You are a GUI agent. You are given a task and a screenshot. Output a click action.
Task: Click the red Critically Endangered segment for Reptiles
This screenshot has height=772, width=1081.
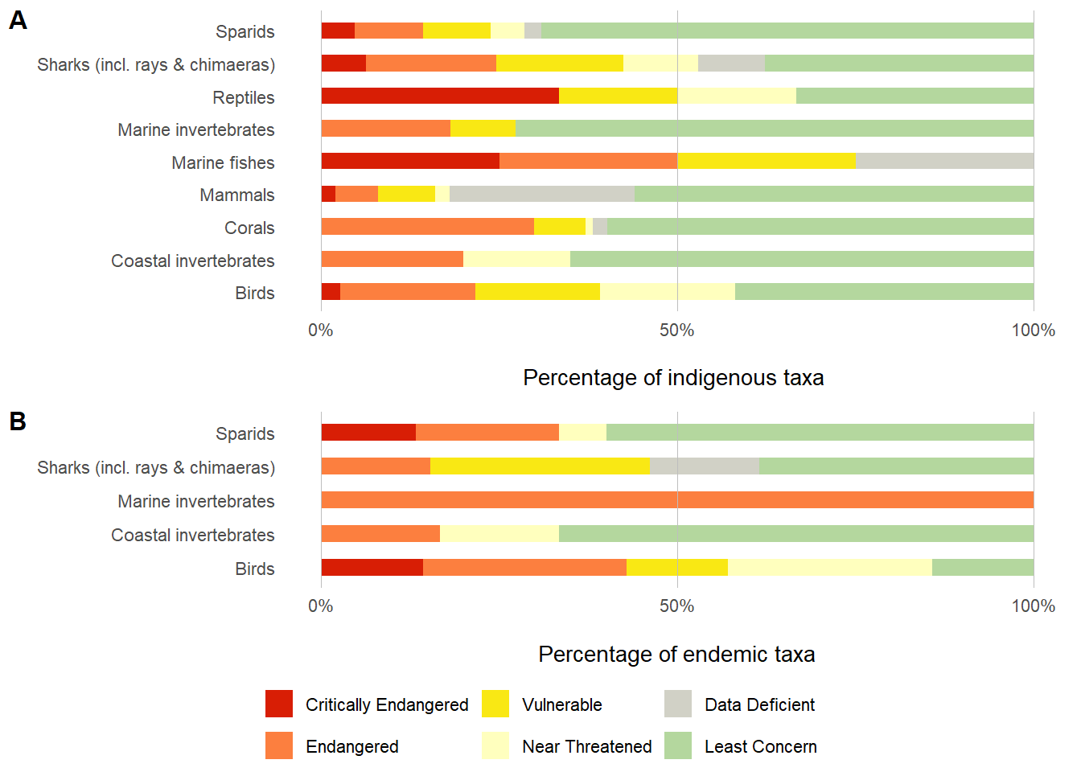click(440, 96)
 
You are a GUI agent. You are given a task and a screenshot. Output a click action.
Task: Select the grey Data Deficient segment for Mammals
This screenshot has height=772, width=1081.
click(542, 194)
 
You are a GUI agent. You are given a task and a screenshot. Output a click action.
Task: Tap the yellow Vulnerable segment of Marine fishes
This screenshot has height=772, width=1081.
click(767, 161)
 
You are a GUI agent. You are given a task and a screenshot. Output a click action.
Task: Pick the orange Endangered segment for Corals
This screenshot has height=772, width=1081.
click(427, 226)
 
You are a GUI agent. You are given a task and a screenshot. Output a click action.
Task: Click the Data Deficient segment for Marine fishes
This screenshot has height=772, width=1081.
click(944, 161)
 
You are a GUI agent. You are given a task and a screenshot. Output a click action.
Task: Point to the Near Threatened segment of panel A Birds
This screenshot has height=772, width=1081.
click(668, 291)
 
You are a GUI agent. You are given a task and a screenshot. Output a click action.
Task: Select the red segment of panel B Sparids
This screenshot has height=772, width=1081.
click(368, 432)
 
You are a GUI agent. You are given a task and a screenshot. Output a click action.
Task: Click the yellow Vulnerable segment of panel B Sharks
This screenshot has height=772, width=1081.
click(540, 466)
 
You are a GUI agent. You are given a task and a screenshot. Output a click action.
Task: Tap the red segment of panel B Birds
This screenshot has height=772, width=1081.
click(372, 567)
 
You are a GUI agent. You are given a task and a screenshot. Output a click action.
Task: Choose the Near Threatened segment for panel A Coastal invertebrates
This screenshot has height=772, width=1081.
click(516, 259)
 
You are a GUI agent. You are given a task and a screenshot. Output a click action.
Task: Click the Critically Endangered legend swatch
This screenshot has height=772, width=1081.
click(279, 704)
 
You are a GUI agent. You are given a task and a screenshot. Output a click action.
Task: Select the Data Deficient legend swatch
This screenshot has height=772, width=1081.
click(678, 704)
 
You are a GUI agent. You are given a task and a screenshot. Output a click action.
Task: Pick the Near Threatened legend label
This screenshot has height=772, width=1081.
click(586, 746)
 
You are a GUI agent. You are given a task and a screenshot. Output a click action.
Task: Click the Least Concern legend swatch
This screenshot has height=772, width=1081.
click(678, 745)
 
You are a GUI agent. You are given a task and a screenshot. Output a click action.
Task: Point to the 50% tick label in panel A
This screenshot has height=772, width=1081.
click(676, 331)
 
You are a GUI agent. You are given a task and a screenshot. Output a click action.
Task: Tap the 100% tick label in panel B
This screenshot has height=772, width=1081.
click(1033, 606)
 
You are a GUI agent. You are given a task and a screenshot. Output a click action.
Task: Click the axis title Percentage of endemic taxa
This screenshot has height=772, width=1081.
click(676, 655)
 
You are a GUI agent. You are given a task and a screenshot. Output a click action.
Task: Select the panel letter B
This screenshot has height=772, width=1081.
click(18, 421)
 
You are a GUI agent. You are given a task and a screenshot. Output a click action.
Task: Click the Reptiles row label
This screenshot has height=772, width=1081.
click(243, 98)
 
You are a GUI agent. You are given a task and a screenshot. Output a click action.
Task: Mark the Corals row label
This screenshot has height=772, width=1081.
click(249, 228)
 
